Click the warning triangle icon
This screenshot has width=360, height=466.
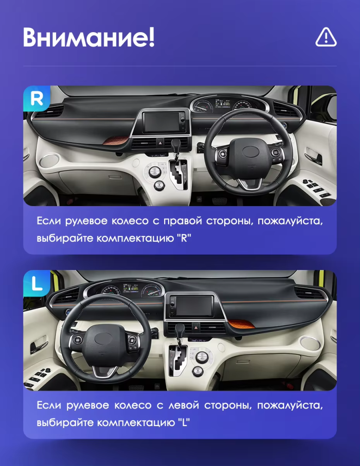pyautogui.click(x=326, y=37)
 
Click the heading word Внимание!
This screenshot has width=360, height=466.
pyautogui.click(x=89, y=37)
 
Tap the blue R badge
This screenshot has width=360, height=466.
pyautogui.click(x=36, y=98)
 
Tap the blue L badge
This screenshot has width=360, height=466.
pyautogui.click(x=36, y=283)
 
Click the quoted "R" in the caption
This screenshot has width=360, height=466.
pyautogui.click(x=183, y=238)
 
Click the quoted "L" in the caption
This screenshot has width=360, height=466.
pyautogui.click(x=182, y=423)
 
